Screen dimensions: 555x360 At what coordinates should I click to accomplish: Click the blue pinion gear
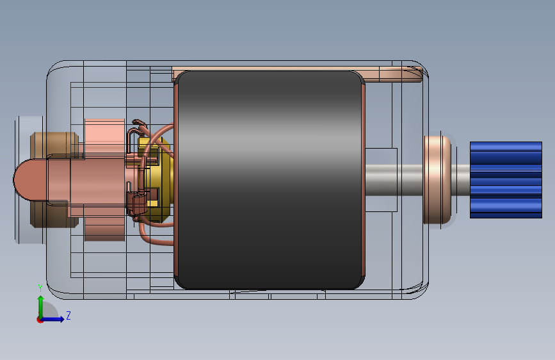click(x=506, y=180)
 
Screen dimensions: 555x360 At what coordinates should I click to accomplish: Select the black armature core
click(x=269, y=180)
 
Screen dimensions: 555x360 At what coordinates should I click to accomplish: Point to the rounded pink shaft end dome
click(x=29, y=179)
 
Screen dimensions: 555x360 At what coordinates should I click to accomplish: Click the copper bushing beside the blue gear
click(x=437, y=180)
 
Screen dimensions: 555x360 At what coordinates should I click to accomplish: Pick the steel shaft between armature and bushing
click(x=394, y=180)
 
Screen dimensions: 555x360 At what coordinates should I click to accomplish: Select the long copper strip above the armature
click(x=296, y=74)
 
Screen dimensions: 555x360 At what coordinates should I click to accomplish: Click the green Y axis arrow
click(x=41, y=307)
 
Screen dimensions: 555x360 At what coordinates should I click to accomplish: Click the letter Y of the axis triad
click(x=40, y=288)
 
